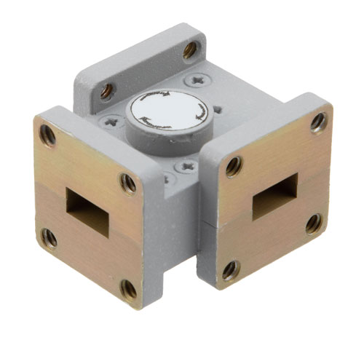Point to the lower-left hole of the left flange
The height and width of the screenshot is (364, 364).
point(50,237)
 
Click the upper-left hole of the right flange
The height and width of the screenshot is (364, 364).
point(233,166)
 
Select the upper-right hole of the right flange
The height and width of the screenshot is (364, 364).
point(318,122)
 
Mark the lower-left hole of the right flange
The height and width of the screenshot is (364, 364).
point(231,271)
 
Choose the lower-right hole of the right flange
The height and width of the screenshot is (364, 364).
point(314,222)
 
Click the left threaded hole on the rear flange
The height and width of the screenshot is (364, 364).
point(107,90)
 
